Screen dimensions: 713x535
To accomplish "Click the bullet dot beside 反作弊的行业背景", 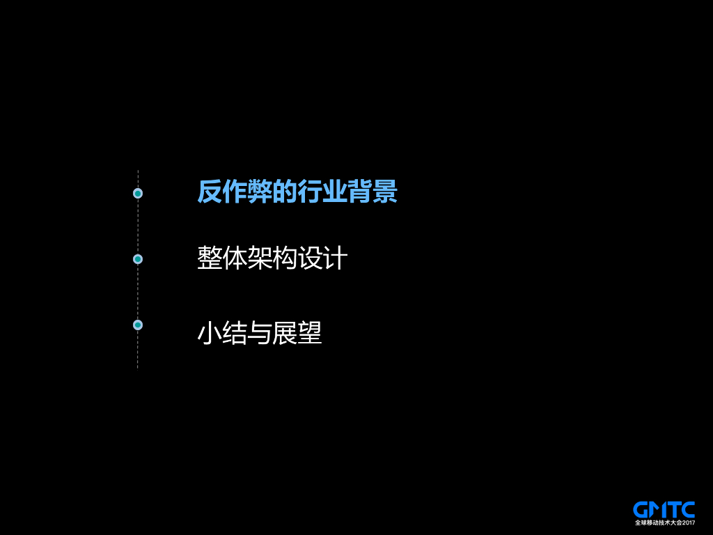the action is coord(138,193).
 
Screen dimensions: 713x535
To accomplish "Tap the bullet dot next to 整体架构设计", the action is coord(138,259).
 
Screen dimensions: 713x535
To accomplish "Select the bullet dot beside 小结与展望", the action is coord(138,325).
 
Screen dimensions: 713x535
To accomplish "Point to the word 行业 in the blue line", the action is coord(322,192).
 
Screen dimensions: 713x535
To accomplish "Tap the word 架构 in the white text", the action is coord(272,258).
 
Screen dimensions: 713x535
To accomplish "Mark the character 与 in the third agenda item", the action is coord(259,333).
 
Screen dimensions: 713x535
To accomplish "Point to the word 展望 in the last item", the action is coord(297,333).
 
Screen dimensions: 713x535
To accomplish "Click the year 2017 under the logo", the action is coord(689,522).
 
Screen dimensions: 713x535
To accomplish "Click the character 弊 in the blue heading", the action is coord(260,192).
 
